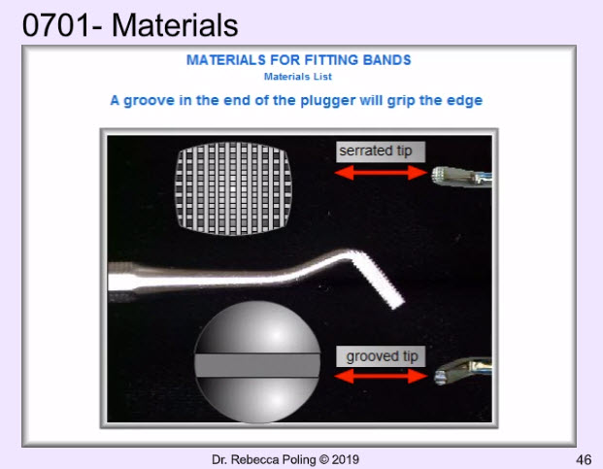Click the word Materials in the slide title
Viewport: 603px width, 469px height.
point(175,25)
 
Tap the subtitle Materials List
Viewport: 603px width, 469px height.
point(298,77)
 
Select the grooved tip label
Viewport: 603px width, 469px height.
point(381,356)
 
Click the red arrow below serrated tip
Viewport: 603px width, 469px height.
point(381,173)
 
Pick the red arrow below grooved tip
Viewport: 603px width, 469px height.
point(381,377)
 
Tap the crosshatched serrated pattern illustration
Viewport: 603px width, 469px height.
point(233,188)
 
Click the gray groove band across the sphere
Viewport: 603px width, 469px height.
point(257,366)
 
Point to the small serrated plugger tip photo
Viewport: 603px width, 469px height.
point(460,178)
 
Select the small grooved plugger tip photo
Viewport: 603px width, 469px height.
point(463,371)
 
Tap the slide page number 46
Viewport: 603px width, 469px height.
point(584,459)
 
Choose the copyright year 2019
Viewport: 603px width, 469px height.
point(345,459)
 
